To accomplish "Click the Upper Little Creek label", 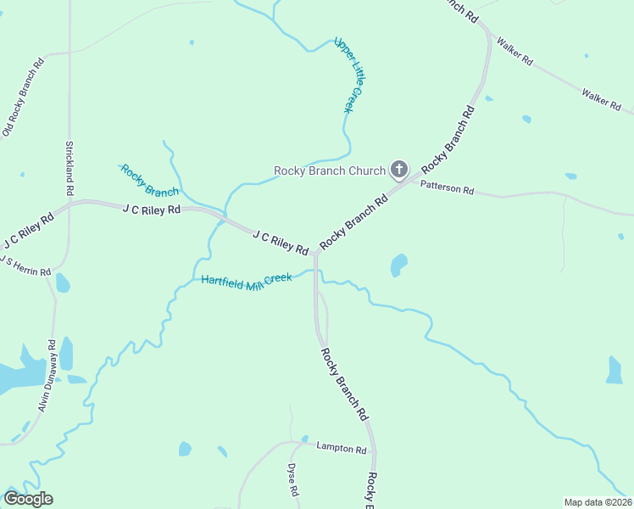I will (x=348, y=75).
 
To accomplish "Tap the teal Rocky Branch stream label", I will (x=149, y=181).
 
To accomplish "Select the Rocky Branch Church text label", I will (x=329, y=171).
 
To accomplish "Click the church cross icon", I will (x=399, y=170).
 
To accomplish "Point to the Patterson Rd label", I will (x=447, y=187).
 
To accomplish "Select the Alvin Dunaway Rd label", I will (x=47, y=376).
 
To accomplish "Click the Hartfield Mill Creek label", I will (x=246, y=280).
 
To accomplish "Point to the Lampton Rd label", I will (x=341, y=447).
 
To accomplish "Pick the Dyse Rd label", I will (x=292, y=479).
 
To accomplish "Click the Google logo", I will (x=27, y=499).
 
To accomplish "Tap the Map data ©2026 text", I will (x=598, y=502).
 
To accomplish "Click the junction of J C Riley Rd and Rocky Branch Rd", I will (x=314, y=252).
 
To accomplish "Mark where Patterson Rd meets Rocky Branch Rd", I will (x=414, y=179).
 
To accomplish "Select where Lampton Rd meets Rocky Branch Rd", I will (x=373, y=449).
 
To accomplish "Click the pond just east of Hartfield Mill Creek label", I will (x=398, y=266).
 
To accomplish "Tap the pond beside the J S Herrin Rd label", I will (x=62, y=282).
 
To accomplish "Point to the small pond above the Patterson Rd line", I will (x=570, y=176).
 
